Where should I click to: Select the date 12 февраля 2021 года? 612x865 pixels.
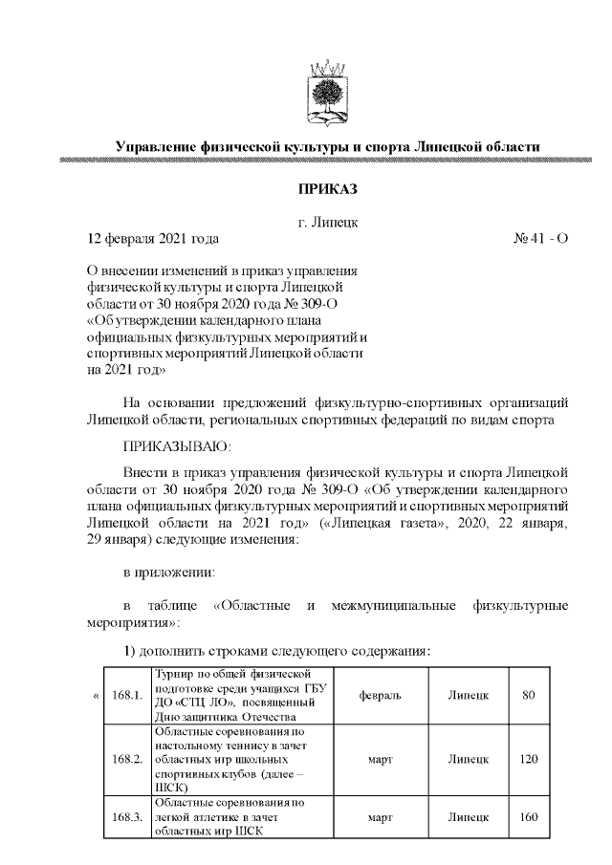pyautogui.click(x=153, y=238)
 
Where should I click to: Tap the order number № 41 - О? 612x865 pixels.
pyautogui.click(x=540, y=238)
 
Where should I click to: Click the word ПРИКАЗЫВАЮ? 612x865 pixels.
pyautogui.click(x=177, y=444)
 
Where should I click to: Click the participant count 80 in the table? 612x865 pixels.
pyautogui.click(x=528, y=695)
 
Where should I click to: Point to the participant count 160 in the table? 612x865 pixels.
pyautogui.click(x=528, y=817)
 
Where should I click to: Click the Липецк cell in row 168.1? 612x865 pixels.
pyautogui.click(x=469, y=695)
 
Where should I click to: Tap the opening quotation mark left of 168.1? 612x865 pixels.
pyautogui.click(x=96, y=695)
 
